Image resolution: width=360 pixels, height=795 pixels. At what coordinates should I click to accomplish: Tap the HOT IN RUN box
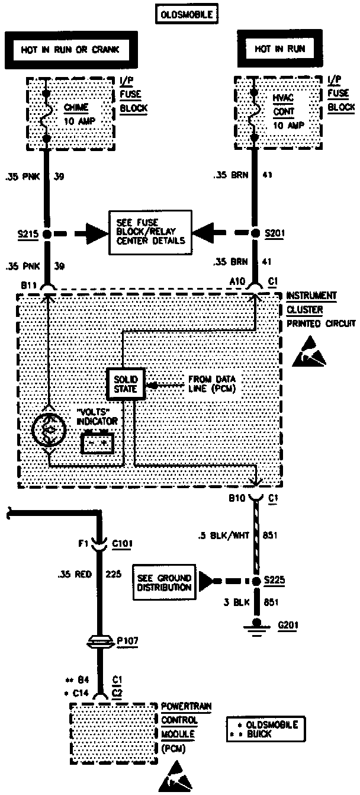(279, 49)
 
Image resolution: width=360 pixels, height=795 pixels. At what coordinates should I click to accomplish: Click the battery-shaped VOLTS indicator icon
(97, 442)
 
